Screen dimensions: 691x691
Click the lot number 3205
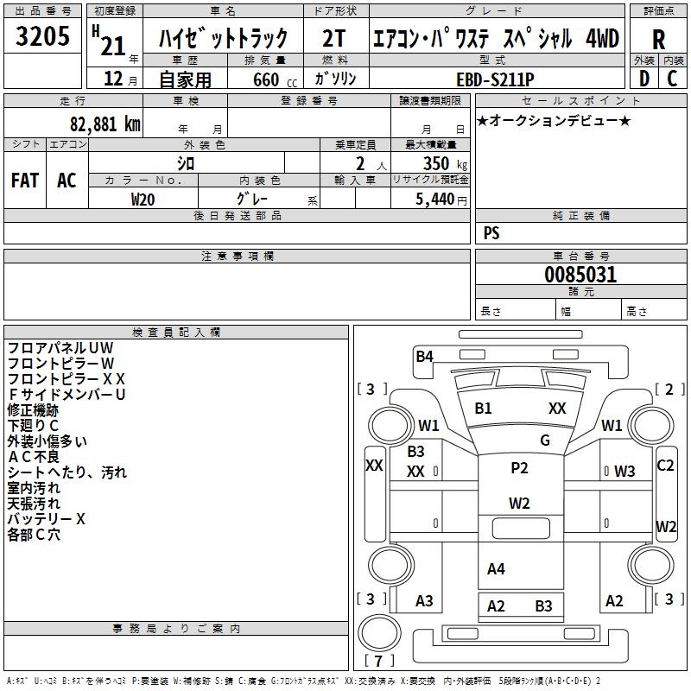[x=43, y=35]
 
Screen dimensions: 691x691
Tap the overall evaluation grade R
[x=658, y=39]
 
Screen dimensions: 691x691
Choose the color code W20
[x=143, y=199]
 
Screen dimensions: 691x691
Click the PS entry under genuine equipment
[x=491, y=233]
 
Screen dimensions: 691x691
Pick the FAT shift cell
[x=25, y=180]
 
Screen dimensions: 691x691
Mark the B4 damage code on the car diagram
[x=424, y=356]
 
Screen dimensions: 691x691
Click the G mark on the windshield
[x=544, y=441]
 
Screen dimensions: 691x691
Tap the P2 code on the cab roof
[x=519, y=468]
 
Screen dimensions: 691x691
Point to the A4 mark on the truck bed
[x=496, y=568]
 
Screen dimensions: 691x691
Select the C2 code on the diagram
[x=665, y=465]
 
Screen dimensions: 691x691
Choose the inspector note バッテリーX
[x=47, y=518]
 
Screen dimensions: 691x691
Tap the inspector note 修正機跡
[x=33, y=409]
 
